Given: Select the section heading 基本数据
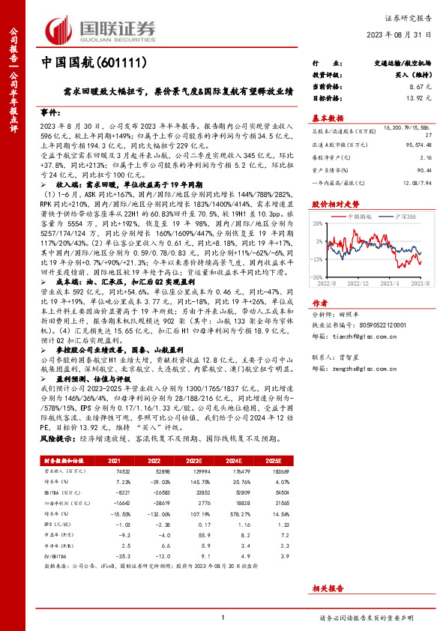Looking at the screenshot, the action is pos(327,118).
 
